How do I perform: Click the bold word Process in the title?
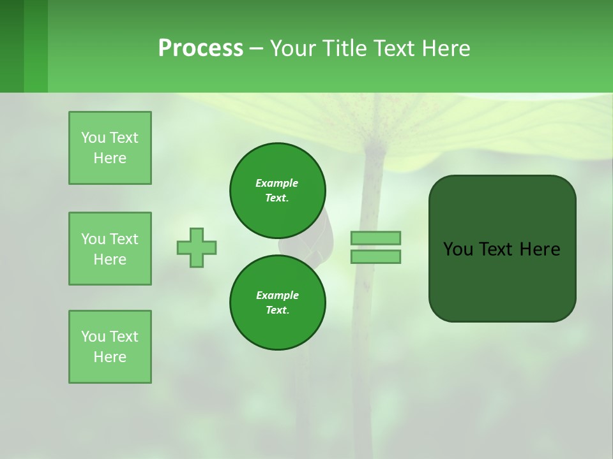tap(201, 48)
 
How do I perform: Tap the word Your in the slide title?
tap(293, 48)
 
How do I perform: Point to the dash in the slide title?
tap(256, 49)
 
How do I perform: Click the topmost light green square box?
tap(110, 148)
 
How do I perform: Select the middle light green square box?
tap(110, 249)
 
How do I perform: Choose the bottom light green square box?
tap(110, 347)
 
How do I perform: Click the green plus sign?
tap(197, 247)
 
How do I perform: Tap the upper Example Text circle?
tap(278, 190)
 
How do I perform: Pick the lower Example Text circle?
tap(278, 302)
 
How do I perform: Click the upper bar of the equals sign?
tap(375, 238)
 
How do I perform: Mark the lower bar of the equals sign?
tap(375, 257)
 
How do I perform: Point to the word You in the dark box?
tap(458, 249)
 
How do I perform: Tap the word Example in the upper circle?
tap(277, 183)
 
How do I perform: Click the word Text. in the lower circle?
tap(278, 310)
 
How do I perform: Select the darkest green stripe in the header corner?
tap(11, 46)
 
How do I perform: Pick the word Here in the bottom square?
tap(110, 357)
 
